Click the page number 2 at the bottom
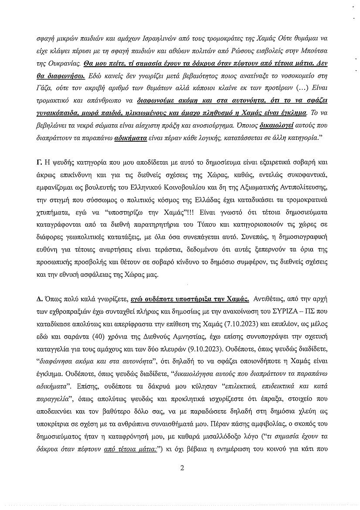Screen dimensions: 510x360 click(183, 469)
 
